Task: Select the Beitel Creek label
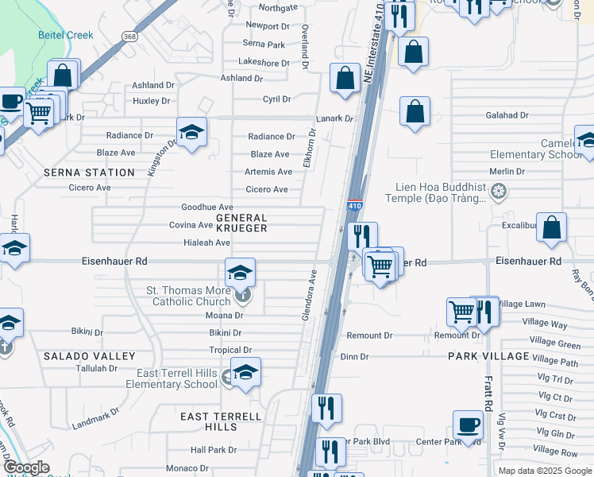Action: tap(66, 35)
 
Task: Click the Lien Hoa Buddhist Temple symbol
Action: tap(498, 191)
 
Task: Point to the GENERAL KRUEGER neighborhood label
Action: tap(241, 223)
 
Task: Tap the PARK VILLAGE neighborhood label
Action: tap(488, 356)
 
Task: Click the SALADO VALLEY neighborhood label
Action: tap(89, 356)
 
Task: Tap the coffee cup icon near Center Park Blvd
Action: tap(468, 425)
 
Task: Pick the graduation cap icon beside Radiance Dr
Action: tap(191, 132)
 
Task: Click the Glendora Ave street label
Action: tap(309, 295)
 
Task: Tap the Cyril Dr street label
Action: tap(277, 99)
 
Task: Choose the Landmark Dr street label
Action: tap(94, 419)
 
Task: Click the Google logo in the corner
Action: tap(26, 468)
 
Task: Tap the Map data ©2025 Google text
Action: tap(544, 471)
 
